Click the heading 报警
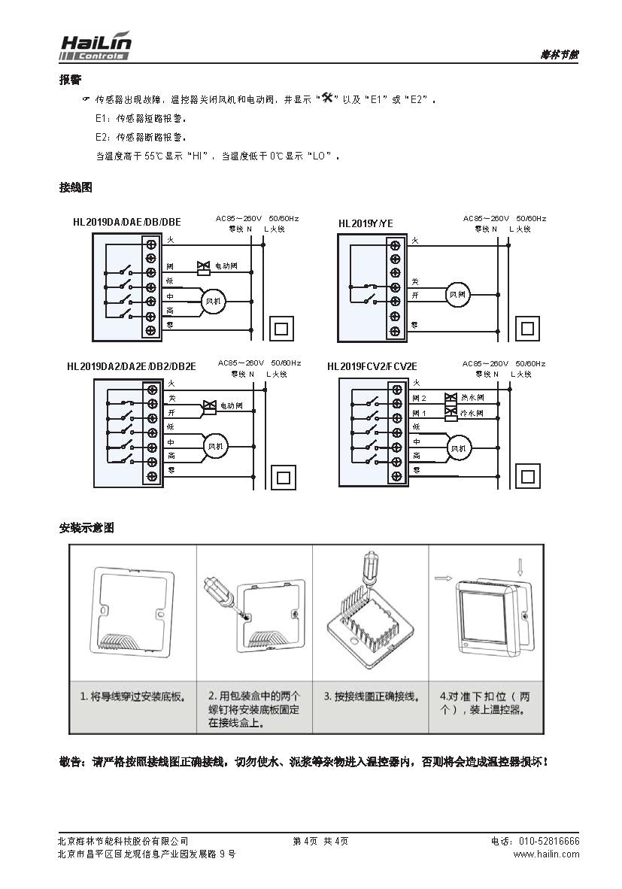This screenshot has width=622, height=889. coord(70,80)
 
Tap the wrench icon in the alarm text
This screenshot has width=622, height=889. coord(326,99)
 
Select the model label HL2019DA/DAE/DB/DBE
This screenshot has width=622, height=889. coord(126,223)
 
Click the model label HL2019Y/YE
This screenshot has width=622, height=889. coord(366,223)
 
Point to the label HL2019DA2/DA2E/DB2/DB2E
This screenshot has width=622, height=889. coord(131,366)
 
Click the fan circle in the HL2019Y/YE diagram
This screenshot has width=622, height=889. coord(457,295)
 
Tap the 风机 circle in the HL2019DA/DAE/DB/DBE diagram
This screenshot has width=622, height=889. coord(214,301)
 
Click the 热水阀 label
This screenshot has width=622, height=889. coord(472,397)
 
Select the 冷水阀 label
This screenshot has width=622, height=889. coord(472,413)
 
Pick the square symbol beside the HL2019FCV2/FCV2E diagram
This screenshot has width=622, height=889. coord(528,476)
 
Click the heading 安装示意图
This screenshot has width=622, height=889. coord(86,528)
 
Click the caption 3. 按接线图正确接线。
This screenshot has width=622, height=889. coord(371,696)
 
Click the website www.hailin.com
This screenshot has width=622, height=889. coord(546,854)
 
